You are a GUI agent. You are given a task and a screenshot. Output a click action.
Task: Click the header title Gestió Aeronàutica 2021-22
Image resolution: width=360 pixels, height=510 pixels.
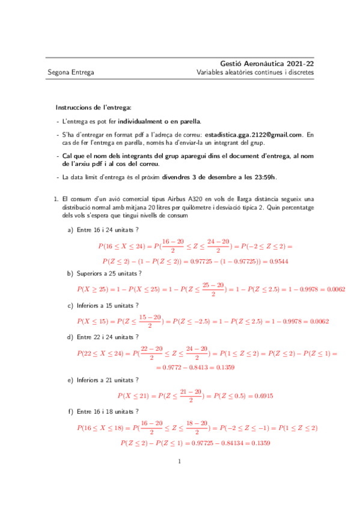[x=267, y=64]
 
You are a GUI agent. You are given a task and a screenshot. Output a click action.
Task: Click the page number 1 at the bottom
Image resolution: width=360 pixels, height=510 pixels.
[x=180, y=463]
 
